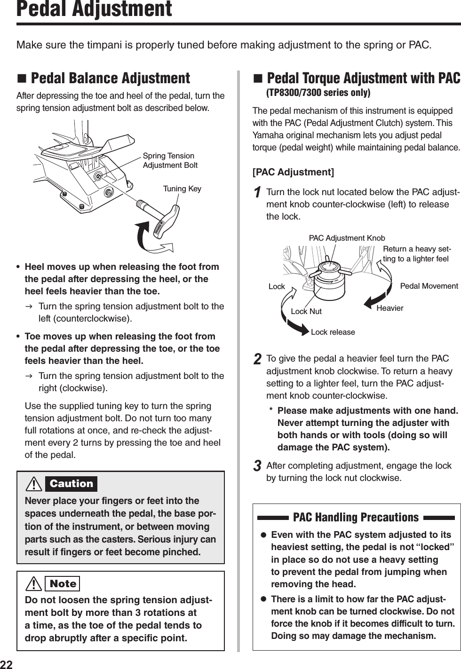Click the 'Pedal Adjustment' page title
tap(94, 9)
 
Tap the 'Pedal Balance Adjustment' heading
tap(110, 78)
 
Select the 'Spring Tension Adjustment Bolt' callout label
tap(170, 160)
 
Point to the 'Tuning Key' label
tap(182, 189)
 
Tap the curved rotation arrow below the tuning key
tap(155, 240)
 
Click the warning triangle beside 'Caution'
tap(35, 484)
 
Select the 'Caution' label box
tap(72, 484)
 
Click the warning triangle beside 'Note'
tap(35, 584)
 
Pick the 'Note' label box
tap(63, 584)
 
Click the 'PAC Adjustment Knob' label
tap(347, 238)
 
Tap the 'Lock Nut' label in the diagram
tap(306, 311)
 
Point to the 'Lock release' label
tap(333, 332)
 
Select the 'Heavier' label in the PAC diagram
tap(390, 308)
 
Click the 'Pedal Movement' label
tap(429, 286)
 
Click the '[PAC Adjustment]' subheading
tap(293, 172)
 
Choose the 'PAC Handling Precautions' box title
tap(356, 517)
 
